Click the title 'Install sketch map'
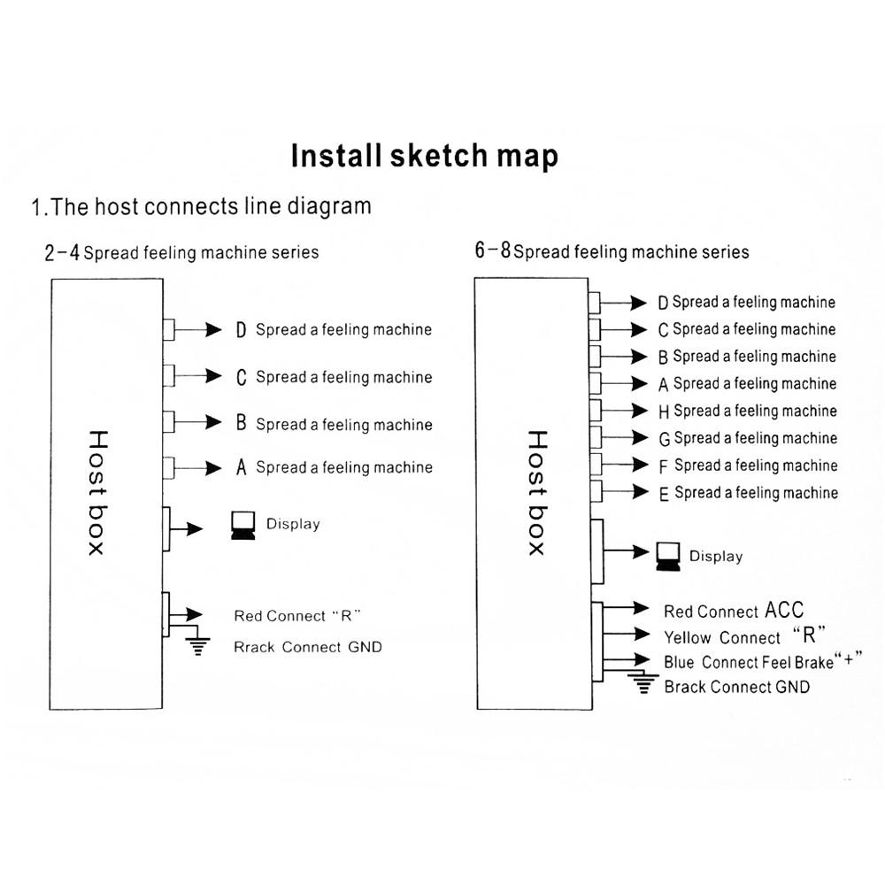click(425, 157)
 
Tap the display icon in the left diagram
click(242, 525)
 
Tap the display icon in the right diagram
click(668, 556)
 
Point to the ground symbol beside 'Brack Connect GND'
click(643, 684)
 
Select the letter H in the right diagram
click(665, 412)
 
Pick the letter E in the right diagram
click(665, 494)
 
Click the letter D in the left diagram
click(241, 330)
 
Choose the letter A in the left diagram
click(241, 467)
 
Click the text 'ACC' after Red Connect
click(784, 610)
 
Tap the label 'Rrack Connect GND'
click(308, 647)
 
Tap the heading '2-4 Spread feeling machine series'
click(181, 253)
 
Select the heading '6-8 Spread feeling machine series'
click(612, 251)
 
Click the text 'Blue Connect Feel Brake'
click(749, 662)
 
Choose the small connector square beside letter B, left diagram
click(168, 421)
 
